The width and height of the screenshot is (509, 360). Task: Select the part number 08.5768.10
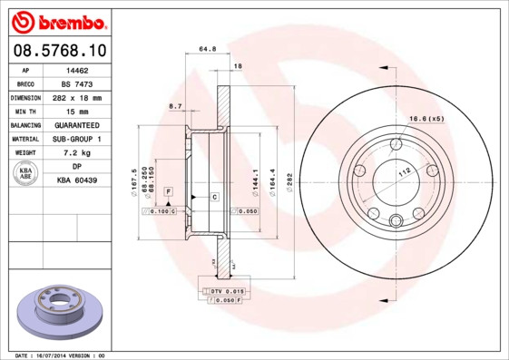[x=57, y=50]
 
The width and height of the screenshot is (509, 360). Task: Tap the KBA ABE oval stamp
[x=26, y=174]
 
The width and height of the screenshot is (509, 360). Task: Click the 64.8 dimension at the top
[x=206, y=50]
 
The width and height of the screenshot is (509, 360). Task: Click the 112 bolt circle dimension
[x=405, y=169]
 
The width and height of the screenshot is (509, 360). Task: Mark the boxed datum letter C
[x=214, y=197]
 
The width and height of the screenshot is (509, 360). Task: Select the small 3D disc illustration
[x=60, y=308]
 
